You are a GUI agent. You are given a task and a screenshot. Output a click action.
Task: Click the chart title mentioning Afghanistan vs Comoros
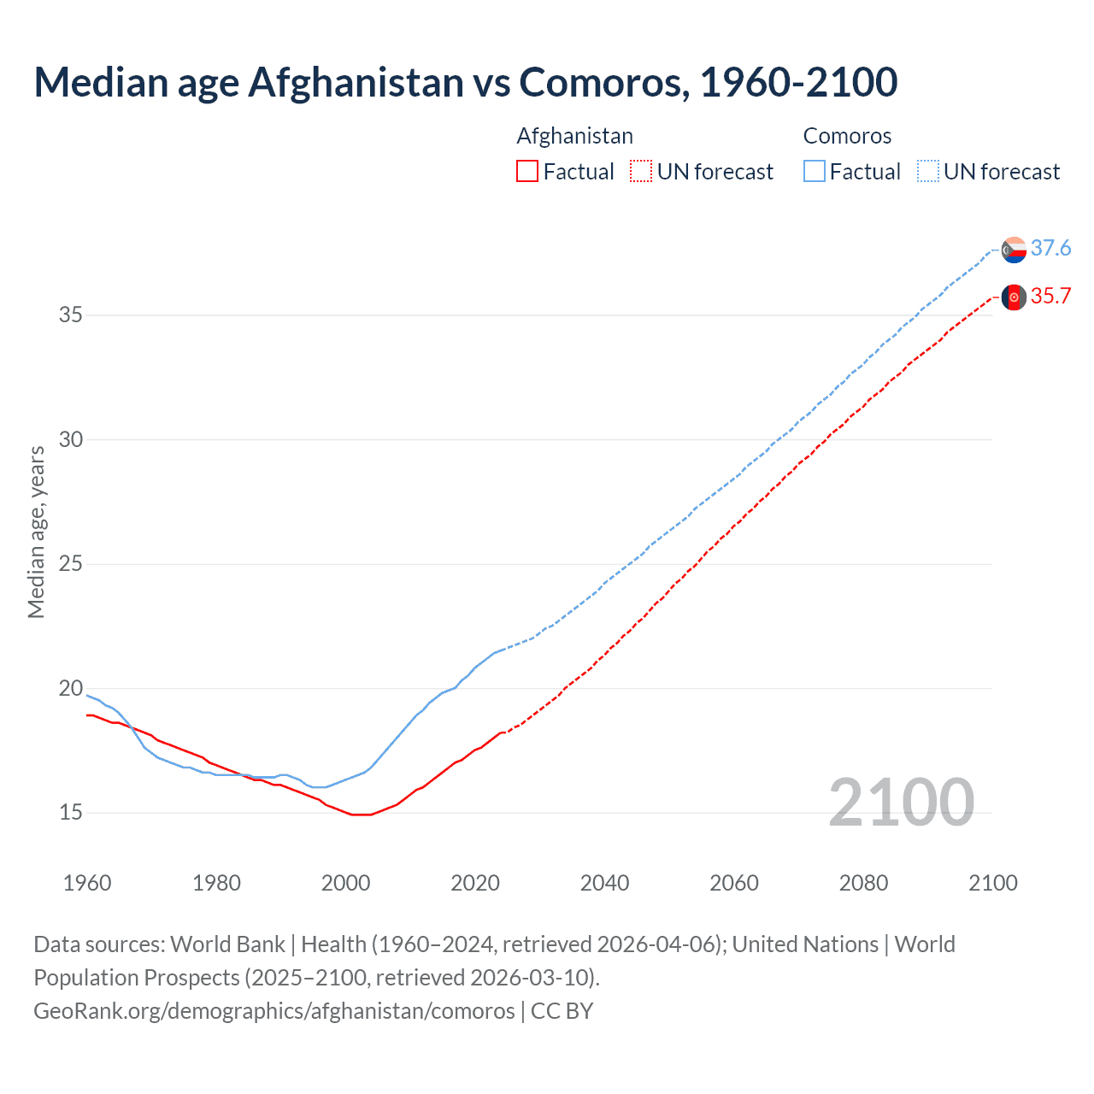pos(466,82)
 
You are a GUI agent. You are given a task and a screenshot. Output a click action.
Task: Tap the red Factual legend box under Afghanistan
pos(527,172)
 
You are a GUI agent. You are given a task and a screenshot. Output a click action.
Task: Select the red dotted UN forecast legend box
pos(641,172)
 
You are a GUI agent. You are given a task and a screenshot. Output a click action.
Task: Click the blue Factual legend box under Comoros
pos(815,172)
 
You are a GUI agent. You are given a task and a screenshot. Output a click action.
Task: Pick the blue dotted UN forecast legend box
pos(928,172)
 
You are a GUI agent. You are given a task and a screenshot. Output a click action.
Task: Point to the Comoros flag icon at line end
pos(1014,250)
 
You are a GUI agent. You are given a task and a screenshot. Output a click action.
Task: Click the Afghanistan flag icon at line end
pos(1014,297)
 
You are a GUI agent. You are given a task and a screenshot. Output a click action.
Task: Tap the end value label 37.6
pos(1050,248)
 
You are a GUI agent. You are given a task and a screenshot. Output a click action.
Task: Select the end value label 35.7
pos(1050,296)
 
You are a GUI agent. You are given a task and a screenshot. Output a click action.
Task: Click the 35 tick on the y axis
pos(71,315)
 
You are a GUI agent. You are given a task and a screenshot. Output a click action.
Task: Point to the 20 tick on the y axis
pos(71,688)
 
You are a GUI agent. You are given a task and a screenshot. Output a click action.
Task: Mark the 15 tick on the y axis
pos(71,812)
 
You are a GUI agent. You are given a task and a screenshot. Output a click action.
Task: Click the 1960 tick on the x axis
pos(87,883)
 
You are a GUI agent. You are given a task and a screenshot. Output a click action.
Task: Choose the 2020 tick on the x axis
pos(475,883)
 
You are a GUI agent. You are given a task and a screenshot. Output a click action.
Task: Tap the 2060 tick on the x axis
pos(734,883)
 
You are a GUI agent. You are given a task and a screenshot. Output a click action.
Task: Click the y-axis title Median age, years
pos(36,532)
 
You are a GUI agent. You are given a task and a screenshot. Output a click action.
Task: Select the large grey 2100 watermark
pos(901,802)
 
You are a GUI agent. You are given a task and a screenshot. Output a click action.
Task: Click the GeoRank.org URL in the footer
pos(273,1011)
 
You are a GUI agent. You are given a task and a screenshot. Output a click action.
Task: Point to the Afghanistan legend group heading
pos(575,136)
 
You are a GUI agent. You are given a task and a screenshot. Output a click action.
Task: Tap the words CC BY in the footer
pos(562,1011)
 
